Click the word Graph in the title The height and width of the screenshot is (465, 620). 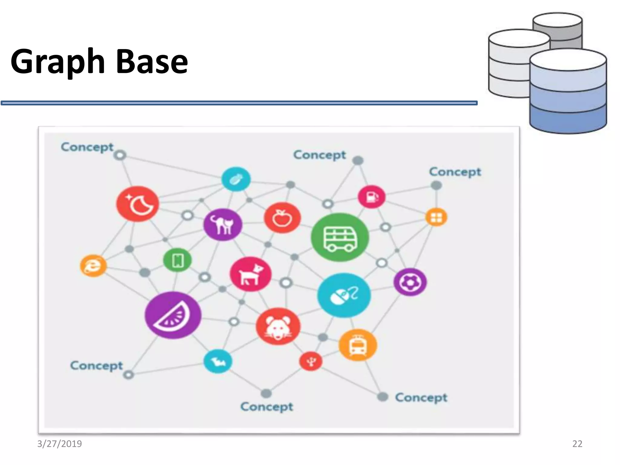pos(58,62)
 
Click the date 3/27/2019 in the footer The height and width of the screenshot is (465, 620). pos(59,444)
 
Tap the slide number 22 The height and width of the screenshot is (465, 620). pos(577,444)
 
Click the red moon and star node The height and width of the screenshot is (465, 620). pos(138,204)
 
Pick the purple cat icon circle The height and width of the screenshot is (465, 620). pos(223,224)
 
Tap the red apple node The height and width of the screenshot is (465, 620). pos(282,218)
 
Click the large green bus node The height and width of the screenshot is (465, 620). pos(340,237)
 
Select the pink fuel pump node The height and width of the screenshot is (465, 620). pos(371,197)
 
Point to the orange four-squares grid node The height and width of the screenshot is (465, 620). pos(436,217)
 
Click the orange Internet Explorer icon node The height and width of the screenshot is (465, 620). pos(93,266)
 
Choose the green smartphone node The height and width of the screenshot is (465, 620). pos(177,260)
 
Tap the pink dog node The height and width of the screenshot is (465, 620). pos(250,274)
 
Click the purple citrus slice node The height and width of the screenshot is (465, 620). pos(173,315)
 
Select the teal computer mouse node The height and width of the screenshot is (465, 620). pos(344,295)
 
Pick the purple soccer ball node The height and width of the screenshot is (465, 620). pos(410,282)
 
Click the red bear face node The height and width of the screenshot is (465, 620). pos(278,326)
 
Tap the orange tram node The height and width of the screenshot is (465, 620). pos(358,345)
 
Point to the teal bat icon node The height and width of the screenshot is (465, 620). pos(218,361)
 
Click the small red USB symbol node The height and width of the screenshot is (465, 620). pos(311,361)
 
